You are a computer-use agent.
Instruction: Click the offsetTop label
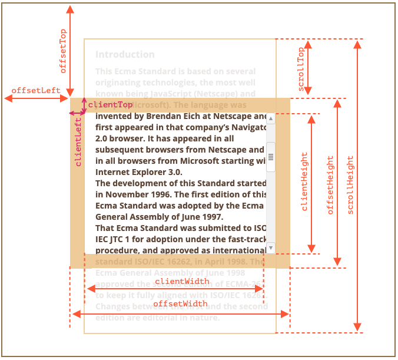63,51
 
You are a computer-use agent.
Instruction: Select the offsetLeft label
36,90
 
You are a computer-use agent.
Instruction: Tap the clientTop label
111,104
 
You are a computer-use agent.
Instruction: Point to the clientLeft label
78,142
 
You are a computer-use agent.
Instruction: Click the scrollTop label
301,69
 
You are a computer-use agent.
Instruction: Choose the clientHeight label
304,181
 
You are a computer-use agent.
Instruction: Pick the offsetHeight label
330,184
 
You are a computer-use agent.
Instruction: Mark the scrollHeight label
350,184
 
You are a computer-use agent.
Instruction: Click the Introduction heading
125,55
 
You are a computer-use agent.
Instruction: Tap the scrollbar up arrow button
271,119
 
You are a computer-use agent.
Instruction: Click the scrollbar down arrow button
271,247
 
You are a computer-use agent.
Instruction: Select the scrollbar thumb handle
271,157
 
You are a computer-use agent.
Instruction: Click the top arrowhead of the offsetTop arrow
71,9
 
